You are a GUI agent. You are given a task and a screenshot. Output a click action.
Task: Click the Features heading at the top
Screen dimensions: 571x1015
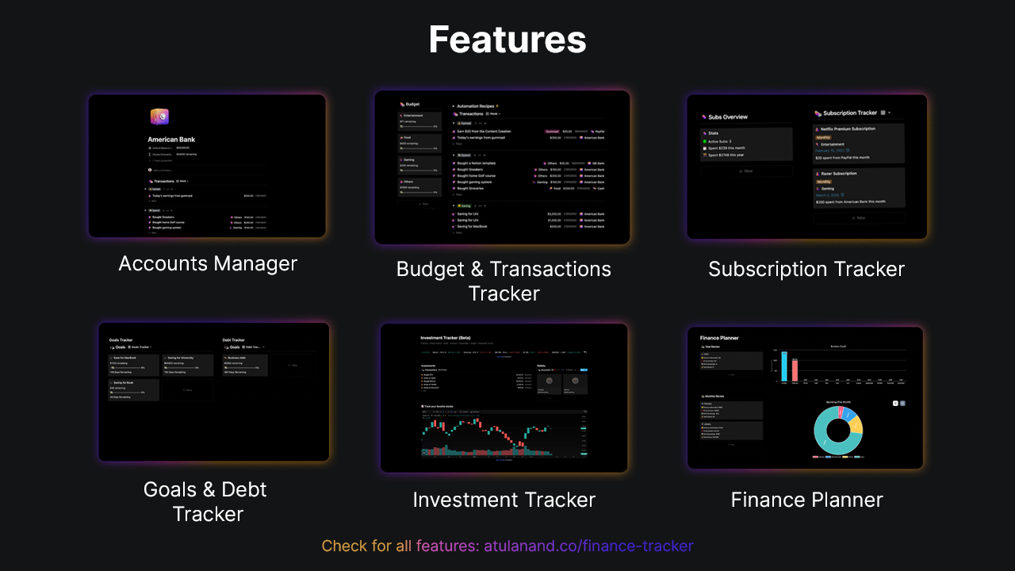(x=507, y=40)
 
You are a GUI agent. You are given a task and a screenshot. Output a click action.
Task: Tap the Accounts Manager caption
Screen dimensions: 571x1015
(x=208, y=263)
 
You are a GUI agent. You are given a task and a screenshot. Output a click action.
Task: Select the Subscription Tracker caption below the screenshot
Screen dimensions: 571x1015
(x=806, y=269)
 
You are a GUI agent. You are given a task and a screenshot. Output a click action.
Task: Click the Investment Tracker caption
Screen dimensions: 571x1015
(x=504, y=500)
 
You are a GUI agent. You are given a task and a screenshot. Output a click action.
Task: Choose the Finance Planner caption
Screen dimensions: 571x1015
(x=806, y=500)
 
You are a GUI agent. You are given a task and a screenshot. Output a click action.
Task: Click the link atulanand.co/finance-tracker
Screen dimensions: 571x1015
(x=588, y=546)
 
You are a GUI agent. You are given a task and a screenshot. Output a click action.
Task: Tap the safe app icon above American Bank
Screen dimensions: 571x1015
(x=159, y=117)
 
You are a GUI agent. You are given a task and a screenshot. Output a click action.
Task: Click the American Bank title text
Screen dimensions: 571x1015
(x=171, y=140)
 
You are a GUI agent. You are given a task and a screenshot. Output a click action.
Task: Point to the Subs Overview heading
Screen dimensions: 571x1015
(x=727, y=117)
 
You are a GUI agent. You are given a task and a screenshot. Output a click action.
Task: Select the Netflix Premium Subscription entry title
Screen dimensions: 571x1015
(x=848, y=128)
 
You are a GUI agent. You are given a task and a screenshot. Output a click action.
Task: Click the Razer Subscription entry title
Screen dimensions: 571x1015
(x=840, y=173)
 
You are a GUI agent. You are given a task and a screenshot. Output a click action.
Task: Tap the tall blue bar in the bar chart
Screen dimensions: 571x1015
(x=785, y=366)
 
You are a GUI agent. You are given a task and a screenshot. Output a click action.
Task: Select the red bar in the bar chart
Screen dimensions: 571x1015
(x=795, y=370)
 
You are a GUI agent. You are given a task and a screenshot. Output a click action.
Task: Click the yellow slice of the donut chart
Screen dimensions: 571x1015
(x=856, y=424)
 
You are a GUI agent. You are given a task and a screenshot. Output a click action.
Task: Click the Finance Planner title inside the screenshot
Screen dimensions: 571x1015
(x=719, y=338)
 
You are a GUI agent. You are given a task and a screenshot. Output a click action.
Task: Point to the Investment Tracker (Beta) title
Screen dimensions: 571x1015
(x=448, y=338)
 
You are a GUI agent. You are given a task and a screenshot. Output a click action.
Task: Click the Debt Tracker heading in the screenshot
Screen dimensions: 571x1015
(x=234, y=340)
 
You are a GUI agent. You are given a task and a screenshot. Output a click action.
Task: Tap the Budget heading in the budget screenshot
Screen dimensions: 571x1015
(x=412, y=104)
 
